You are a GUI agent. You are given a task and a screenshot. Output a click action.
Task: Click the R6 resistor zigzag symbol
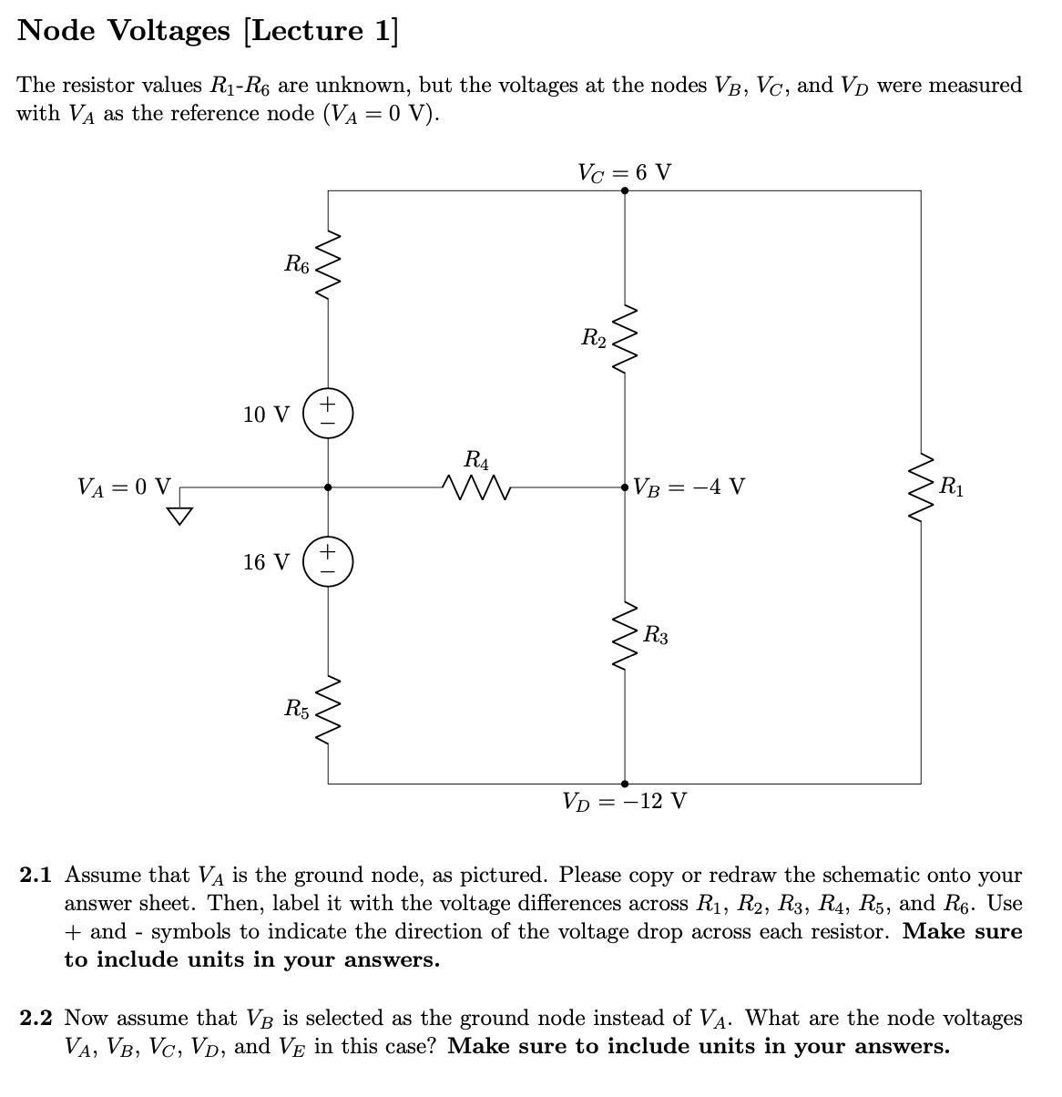[328, 264]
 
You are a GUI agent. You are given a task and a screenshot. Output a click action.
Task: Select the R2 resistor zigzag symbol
[625, 339]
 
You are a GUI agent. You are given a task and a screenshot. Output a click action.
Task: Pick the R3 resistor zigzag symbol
[625, 635]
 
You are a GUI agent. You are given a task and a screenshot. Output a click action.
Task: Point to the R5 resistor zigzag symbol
[328, 708]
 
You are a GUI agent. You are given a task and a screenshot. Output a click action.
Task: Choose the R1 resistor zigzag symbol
[921, 487]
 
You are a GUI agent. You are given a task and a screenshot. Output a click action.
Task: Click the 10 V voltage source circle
[328, 414]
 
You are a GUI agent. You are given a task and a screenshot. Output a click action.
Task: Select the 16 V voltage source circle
[328, 561]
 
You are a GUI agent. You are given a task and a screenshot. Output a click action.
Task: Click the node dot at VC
[625, 191]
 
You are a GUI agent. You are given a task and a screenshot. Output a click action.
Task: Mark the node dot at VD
[625, 783]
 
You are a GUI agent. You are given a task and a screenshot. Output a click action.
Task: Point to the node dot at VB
[625, 487]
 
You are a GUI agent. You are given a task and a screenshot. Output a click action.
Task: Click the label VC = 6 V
[625, 172]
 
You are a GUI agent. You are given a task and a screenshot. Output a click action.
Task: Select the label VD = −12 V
[625, 803]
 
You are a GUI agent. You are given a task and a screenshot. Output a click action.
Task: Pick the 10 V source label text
[266, 415]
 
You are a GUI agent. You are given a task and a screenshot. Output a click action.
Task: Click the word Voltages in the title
[172, 31]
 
